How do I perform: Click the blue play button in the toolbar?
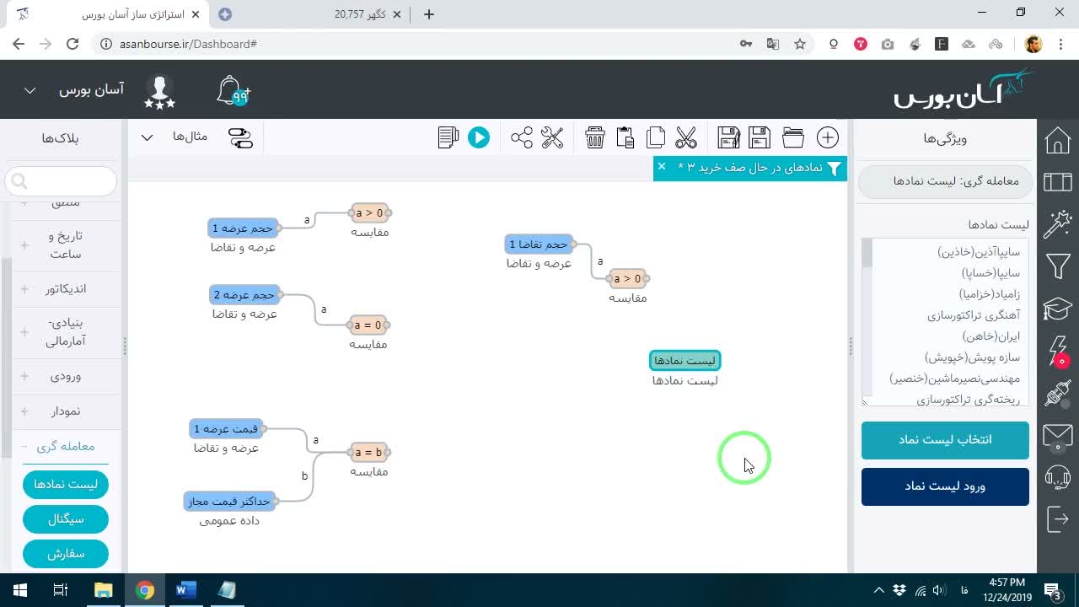pos(478,137)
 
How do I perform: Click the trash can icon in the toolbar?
pos(595,137)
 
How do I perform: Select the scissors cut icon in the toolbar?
pos(686,137)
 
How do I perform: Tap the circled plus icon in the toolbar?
pos(828,137)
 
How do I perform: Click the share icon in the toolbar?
pos(522,137)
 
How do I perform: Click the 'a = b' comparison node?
pos(368,453)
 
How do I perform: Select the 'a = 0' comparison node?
pos(368,325)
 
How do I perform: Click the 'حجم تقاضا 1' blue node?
pos(539,244)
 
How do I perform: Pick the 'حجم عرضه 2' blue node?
pos(244,295)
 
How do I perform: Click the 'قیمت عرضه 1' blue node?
pos(226,429)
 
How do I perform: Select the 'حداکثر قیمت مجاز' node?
pos(229,502)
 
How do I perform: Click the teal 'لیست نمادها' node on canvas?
pos(685,360)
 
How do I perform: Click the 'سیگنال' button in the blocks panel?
pos(66,519)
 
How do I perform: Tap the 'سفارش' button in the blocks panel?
pos(66,554)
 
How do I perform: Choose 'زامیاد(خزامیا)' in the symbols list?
pos(990,294)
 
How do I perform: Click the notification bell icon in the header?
pos(233,90)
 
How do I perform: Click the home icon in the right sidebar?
pos(1058,141)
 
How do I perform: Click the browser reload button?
pos(72,44)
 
